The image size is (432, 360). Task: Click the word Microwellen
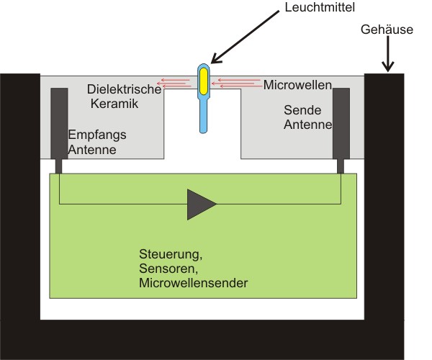click(x=297, y=85)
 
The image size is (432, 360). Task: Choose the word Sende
click(x=302, y=111)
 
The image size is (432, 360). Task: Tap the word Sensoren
click(x=165, y=269)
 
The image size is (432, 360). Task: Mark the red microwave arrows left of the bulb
click(x=176, y=84)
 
